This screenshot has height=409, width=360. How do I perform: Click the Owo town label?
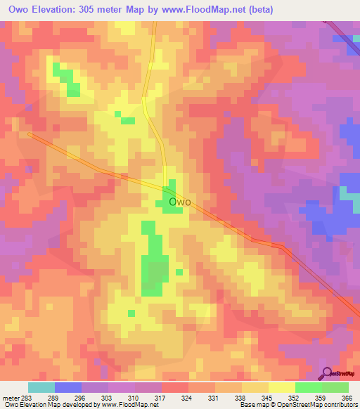(181, 203)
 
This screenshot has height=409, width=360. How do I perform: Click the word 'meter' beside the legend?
(10, 397)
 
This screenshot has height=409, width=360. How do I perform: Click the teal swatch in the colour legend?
(41, 387)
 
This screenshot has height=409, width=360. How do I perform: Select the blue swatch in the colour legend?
(68, 387)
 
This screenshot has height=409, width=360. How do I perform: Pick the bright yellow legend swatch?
(281, 387)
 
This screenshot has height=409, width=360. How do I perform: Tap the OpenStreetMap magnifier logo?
(328, 372)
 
